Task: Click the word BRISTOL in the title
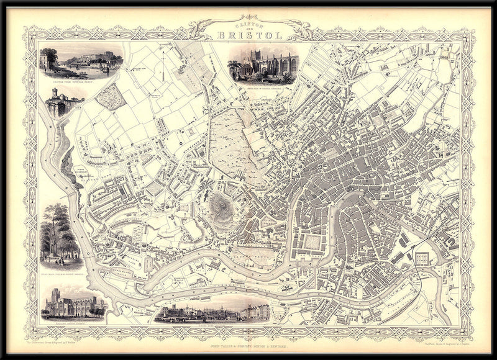tap(249, 35)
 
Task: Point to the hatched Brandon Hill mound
tap(219, 203)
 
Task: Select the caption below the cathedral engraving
tap(263, 89)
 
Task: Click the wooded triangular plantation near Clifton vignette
tap(110, 97)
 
